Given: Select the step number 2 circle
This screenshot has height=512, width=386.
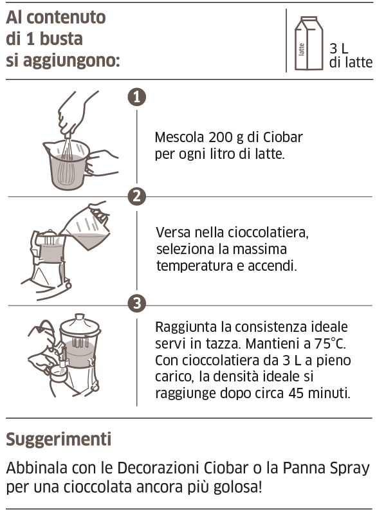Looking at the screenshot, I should (136, 196).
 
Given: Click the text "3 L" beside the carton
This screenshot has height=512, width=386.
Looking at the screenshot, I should (339, 48).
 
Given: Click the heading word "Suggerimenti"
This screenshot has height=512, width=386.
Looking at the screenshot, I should (59, 439).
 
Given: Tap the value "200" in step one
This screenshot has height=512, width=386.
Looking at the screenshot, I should (221, 138).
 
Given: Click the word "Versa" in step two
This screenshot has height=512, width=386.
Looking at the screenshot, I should (174, 232).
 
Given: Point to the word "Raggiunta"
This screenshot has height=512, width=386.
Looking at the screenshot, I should (185, 326).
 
